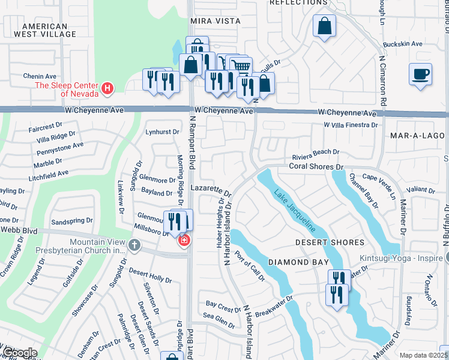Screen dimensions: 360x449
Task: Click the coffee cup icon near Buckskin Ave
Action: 420,74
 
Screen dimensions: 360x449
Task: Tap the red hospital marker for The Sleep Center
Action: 107,89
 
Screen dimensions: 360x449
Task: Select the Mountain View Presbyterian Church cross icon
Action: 134,245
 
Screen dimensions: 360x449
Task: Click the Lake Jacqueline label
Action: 295,211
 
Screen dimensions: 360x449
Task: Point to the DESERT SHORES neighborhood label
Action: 330,242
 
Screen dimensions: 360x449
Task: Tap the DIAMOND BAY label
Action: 298,262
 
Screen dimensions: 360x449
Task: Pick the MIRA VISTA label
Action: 215,21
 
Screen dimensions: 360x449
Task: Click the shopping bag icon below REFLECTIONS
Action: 324,26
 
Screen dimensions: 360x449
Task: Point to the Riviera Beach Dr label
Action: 316,152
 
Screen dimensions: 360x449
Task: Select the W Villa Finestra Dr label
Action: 351,125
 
